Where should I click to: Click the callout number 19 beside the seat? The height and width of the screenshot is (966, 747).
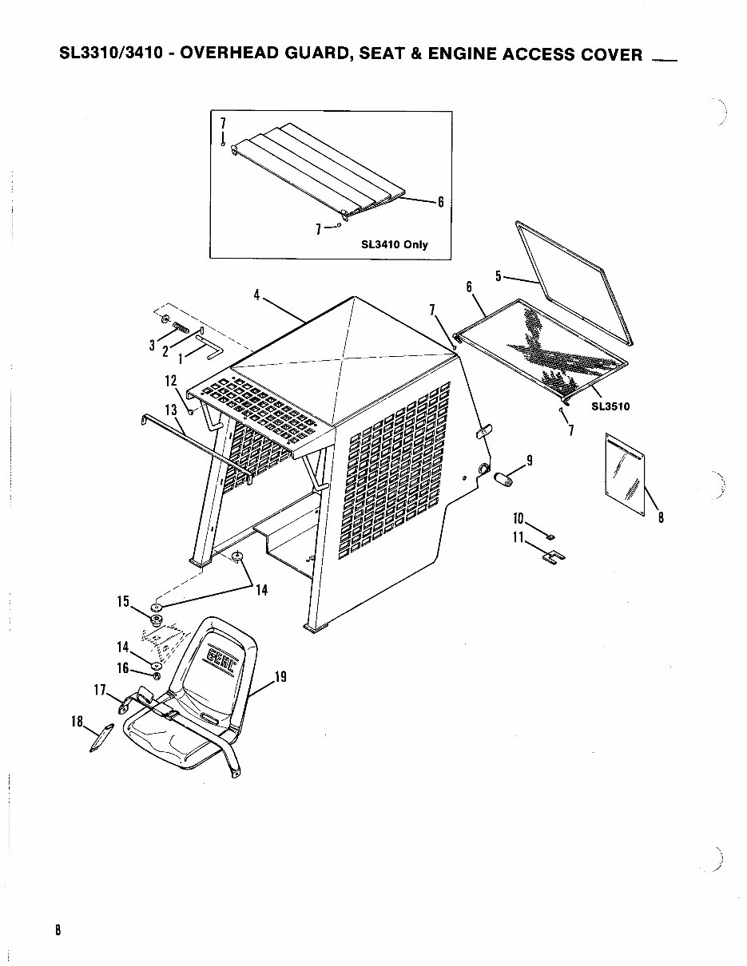point(280,678)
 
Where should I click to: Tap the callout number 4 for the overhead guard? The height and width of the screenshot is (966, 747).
point(256,295)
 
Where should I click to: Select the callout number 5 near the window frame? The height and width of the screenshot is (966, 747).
point(498,277)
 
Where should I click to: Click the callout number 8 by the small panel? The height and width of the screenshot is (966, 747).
point(661,517)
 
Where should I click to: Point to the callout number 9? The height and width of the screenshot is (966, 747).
point(528,460)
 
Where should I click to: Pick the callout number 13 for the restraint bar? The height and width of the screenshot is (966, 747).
point(171,410)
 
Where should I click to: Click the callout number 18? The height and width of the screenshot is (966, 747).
point(77,722)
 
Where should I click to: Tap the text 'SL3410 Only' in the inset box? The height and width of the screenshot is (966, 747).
point(394,244)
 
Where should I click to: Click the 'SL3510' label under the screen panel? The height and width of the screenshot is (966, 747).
point(610,406)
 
